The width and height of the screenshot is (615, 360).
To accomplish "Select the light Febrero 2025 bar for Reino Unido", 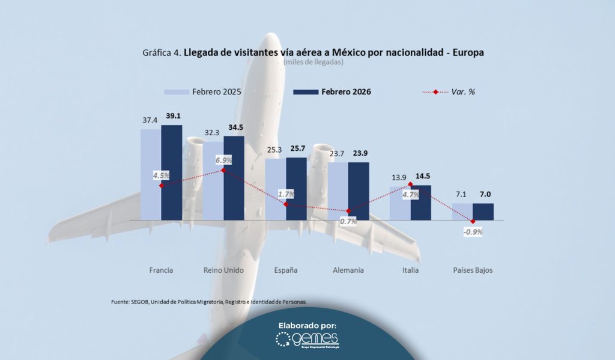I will [x=213, y=180].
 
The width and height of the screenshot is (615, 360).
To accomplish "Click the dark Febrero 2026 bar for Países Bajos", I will [x=483, y=212].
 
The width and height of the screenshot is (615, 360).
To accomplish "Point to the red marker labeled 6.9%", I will [x=223, y=170].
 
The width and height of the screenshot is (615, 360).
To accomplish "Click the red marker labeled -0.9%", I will [x=473, y=222].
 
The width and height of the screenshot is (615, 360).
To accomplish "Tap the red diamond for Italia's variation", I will [x=410, y=184].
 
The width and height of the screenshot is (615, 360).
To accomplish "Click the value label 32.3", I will [x=213, y=130].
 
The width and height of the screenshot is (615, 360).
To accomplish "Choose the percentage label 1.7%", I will [x=286, y=194].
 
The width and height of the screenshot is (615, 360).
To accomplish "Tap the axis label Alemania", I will [x=348, y=270].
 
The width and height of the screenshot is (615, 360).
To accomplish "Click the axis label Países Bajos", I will [x=473, y=270].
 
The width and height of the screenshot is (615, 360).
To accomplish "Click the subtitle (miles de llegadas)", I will [x=313, y=62].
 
